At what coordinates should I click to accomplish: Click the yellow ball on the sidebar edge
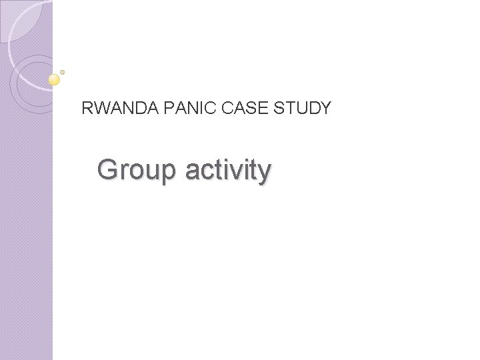pos(55,80)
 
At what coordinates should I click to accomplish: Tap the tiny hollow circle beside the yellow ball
pos(63,71)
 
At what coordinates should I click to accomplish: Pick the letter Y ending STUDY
pos(325,108)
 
